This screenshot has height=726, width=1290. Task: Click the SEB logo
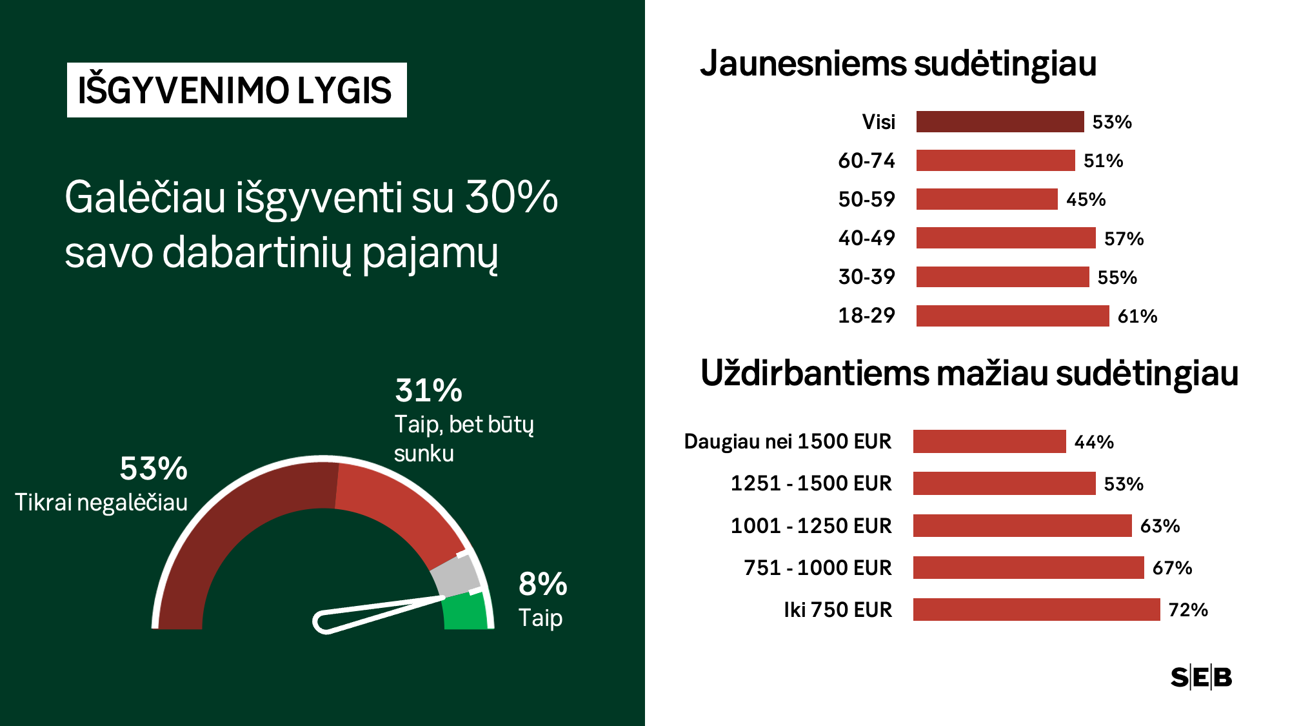1201,678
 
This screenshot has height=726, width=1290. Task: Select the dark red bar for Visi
1000,122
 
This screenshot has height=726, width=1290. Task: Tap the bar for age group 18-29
1012,316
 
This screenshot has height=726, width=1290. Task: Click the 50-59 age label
866,199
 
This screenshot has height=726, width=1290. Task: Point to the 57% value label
1124,239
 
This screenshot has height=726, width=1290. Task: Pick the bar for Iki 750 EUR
1036,610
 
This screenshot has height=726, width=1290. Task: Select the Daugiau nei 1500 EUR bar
989,442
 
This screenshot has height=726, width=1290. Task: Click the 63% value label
1160,526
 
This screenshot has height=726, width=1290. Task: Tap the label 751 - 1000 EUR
817,568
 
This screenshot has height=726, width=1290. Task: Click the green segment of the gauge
466,613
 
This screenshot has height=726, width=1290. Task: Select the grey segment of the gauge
455,575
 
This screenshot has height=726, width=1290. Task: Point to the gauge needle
374,612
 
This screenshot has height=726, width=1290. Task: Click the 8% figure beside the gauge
542,585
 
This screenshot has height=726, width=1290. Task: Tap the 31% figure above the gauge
428,391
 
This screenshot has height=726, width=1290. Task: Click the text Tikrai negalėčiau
101,503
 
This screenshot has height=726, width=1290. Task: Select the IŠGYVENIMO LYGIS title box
236,90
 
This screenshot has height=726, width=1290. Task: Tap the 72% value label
1187,610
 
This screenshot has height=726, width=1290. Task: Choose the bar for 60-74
995,161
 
